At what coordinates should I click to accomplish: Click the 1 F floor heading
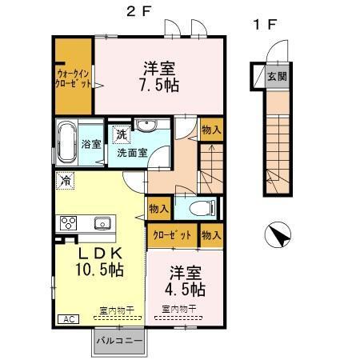point(265,25)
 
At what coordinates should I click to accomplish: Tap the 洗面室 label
point(132,152)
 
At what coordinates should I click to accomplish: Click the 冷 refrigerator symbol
point(65,180)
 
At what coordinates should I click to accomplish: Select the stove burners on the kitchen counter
point(66,222)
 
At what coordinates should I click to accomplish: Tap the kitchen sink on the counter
point(102,222)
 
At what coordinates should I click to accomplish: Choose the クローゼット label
point(172,236)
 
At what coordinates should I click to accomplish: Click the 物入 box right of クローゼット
point(210,236)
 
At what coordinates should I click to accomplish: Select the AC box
point(68,319)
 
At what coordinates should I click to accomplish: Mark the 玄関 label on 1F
point(277,77)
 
